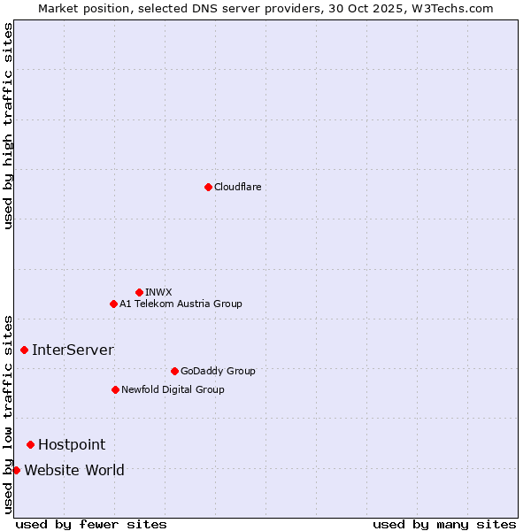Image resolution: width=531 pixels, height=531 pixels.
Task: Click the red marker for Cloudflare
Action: click(208, 187)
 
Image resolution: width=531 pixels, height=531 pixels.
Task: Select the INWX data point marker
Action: click(139, 292)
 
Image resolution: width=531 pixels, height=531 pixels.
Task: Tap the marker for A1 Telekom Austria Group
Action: click(113, 304)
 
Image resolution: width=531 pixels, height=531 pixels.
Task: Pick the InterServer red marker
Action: click(24, 350)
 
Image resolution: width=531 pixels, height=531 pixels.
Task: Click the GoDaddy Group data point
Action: click(174, 371)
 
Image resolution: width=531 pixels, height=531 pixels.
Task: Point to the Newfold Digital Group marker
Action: click(115, 389)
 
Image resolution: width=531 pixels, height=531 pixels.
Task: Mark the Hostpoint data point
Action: click(30, 444)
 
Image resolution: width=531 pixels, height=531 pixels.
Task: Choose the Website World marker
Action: click(16, 470)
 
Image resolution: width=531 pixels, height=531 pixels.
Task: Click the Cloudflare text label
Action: click(238, 187)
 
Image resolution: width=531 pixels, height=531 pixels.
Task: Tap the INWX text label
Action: click(158, 292)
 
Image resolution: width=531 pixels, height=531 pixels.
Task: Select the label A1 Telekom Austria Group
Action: click(181, 304)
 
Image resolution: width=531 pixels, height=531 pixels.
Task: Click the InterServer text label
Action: click(73, 350)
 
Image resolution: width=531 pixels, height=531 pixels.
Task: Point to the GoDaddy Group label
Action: click(218, 371)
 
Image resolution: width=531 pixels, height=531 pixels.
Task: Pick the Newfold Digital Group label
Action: click(173, 389)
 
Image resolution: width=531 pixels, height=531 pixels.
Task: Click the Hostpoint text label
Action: click(72, 444)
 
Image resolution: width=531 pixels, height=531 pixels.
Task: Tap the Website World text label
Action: click(74, 470)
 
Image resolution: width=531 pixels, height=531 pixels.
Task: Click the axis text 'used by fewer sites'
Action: click(91, 524)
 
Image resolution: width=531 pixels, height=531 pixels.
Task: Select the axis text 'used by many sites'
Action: click(444, 524)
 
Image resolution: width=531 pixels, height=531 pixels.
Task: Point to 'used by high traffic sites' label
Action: click(8, 126)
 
